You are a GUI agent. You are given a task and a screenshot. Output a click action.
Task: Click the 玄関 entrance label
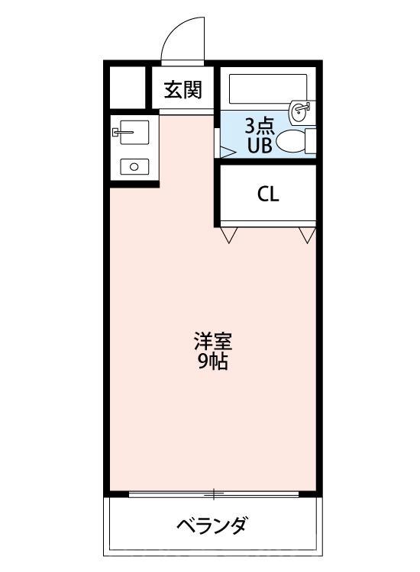coord(183,91)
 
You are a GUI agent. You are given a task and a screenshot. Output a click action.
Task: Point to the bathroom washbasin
coord(301,111)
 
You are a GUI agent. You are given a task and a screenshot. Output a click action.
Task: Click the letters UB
coord(257,146)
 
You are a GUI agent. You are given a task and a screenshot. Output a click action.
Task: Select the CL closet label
coord(267,194)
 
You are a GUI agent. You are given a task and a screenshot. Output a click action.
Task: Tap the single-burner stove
coord(134,166)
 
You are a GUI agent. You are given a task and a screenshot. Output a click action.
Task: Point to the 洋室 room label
coord(213,340)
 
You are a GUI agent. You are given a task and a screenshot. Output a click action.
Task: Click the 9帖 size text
coord(213,362)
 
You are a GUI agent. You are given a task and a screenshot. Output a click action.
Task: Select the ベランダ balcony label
coord(212,525)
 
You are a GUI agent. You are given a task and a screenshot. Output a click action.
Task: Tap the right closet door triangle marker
coord(307,235)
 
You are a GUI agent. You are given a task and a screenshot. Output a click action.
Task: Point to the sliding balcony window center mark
coord(215,494)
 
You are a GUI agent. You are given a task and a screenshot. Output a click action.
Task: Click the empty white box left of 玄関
coord(126,88)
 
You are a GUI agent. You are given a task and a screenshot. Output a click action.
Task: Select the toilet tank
coord(310,140)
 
